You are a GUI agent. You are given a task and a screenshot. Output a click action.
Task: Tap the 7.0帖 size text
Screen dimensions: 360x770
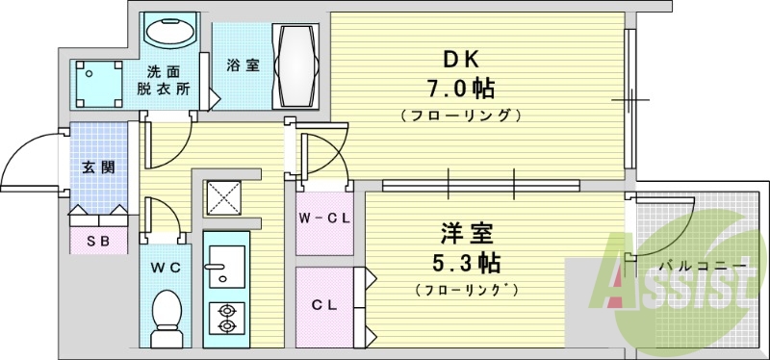tap(461, 90)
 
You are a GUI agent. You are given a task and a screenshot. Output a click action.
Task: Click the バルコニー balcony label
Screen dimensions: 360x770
tap(690, 266)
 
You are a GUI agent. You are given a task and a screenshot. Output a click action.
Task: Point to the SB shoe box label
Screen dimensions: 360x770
tap(98, 240)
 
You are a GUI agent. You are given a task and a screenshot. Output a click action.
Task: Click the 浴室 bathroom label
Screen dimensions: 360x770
tap(243, 65)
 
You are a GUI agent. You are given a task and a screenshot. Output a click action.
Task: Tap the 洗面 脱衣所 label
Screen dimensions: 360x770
tap(169, 81)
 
